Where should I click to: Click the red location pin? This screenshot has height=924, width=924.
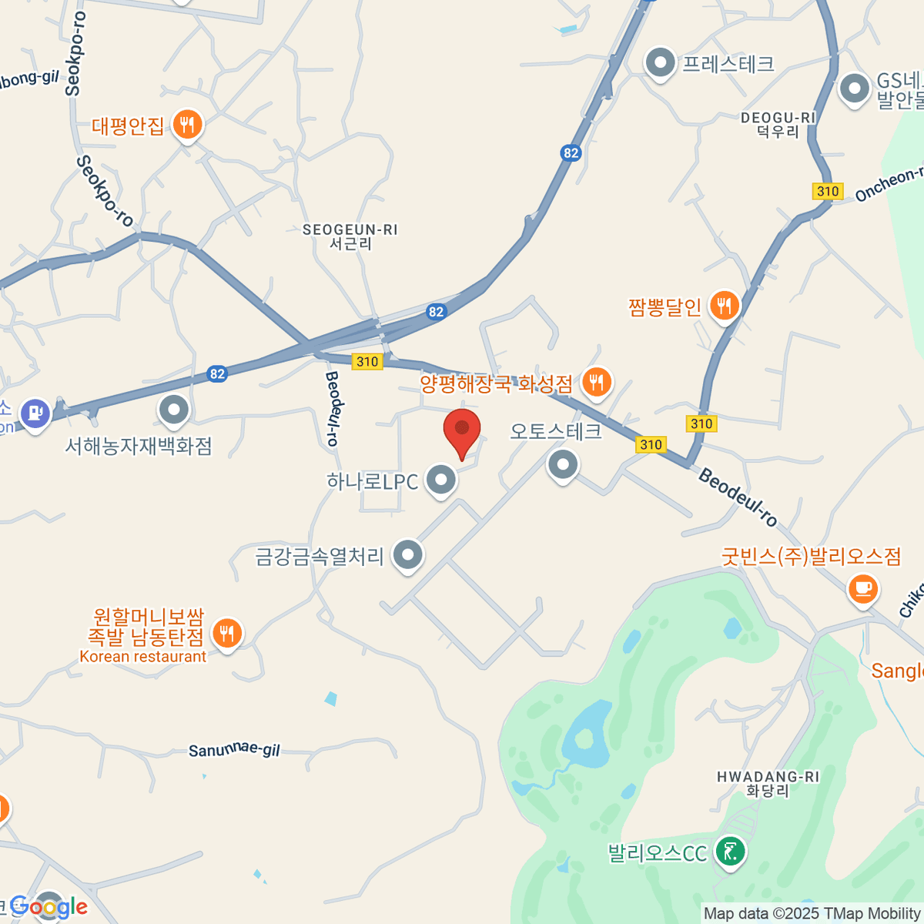click(462, 433)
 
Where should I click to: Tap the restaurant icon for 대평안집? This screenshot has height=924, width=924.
click(187, 124)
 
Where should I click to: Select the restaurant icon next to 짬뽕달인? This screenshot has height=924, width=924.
click(724, 306)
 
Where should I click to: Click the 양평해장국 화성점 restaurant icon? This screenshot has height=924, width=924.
click(596, 382)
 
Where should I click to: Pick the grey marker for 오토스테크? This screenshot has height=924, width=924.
click(563, 464)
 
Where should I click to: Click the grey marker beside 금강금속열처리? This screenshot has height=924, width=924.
click(407, 554)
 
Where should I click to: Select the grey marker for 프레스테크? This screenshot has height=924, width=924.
click(660, 63)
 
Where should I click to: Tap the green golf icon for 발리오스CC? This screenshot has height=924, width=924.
click(728, 852)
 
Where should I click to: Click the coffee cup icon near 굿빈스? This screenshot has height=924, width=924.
click(862, 590)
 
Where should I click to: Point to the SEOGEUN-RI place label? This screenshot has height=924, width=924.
click(350, 230)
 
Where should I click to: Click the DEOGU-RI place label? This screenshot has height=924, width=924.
click(778, 118)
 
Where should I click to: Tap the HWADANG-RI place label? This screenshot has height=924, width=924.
click(768, 778)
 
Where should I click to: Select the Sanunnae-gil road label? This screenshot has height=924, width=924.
click(234, 749)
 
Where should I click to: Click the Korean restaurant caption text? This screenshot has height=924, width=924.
click(143, 657)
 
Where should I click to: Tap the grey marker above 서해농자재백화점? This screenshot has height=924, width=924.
click(174, 410)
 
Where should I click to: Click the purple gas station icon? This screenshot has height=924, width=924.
click(35, 413)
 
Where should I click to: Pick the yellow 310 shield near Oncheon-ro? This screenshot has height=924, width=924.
click(828, 191)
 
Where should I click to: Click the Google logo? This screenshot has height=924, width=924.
click(49, 906)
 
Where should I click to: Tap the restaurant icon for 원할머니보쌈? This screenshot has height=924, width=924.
click(226, 634)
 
